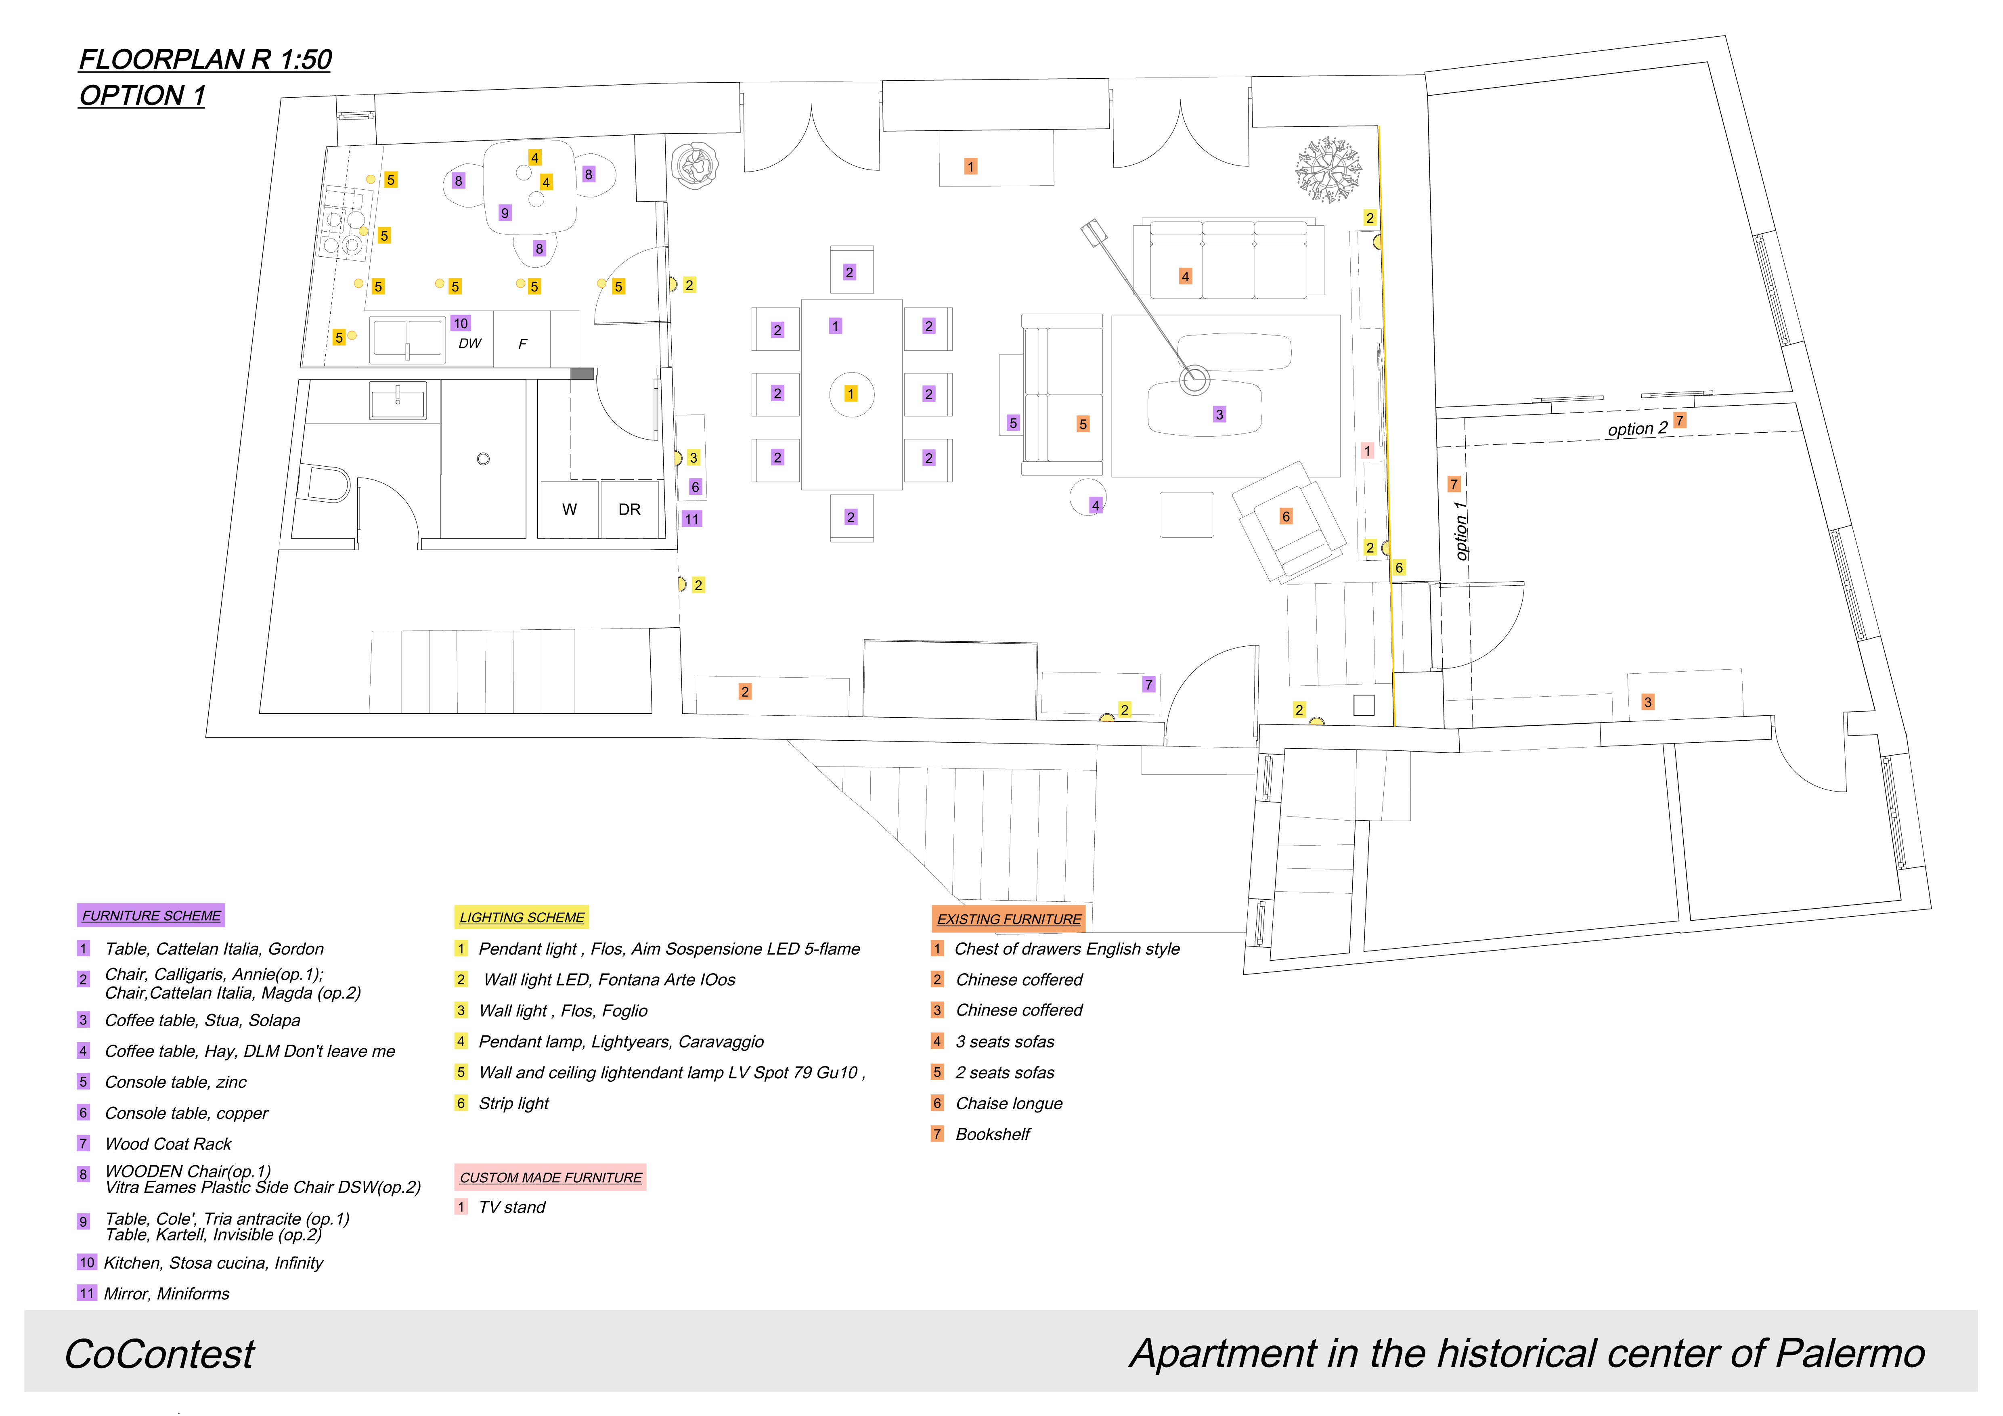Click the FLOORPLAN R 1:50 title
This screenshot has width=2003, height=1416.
(x=205, y=59)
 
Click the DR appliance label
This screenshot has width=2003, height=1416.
(x=629, y=509)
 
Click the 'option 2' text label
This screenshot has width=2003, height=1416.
(x=1637, y=428)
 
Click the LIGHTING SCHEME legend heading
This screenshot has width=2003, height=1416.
(x=522, y=917)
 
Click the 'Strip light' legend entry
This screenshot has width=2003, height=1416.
(x=514, y=1104)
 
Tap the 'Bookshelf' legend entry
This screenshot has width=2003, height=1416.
(x=993, y=1134)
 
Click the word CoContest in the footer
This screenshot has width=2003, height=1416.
(x=159, y=1354)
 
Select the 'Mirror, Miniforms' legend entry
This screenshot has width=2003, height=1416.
(x=167, y=1294)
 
